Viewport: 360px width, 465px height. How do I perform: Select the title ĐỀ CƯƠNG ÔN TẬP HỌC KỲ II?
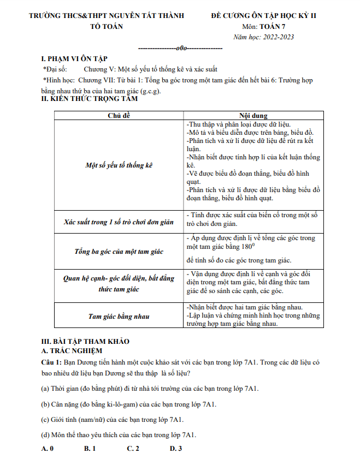[263, 15]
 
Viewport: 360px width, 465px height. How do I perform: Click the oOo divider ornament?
[182, 48]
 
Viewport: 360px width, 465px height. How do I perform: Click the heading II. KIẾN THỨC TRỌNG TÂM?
[90, 99]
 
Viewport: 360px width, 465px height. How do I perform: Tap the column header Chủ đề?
[119, 116]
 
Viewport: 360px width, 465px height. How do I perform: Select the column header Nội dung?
[253, 116]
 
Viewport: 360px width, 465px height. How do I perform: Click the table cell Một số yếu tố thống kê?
[119, 165]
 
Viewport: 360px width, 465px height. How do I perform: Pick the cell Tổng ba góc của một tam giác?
[119, 252]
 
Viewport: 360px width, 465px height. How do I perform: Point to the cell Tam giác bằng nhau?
[119, 316]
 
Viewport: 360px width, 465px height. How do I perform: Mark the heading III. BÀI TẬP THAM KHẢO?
[86, 341]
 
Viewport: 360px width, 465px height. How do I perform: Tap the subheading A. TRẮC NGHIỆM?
[72, 350]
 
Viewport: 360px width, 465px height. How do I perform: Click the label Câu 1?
[52, 361]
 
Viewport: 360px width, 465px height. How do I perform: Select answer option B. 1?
[90, 449]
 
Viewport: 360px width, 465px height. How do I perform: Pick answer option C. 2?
[133, 449]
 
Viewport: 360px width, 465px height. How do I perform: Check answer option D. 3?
[175, 449]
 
